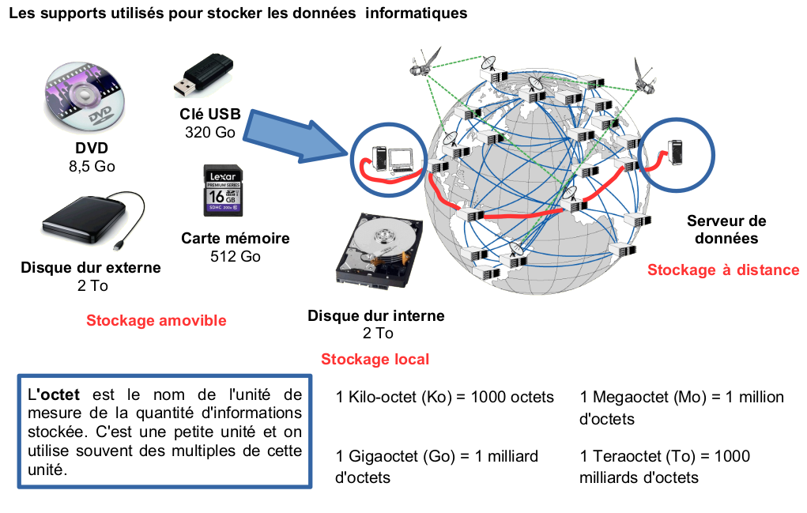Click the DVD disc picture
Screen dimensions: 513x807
pyautogui.click(x=84, y=98)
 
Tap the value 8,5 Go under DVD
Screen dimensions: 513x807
pyautogui.click(x=92, y=166)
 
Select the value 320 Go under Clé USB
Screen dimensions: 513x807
pyautogui.click(x=209, y=132)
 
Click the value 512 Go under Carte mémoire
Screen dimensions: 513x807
pyautogui.click(x=236, y=256)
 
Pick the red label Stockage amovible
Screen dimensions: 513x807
pyautogui.click(x=156, y=320)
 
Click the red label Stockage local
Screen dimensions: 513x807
pyautogui.click(x=375, y=360)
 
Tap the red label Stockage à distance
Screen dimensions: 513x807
pyautogui.click(x=723, y=270)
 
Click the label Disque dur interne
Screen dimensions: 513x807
pyautogui.click(x=375, y=316)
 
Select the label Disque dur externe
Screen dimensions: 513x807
pyautogui.click(x=91, y=268)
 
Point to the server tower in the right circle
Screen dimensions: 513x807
pyautogui.click(x=676, y=153)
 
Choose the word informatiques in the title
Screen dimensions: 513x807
pyautogui.click(x=421, y=13)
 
